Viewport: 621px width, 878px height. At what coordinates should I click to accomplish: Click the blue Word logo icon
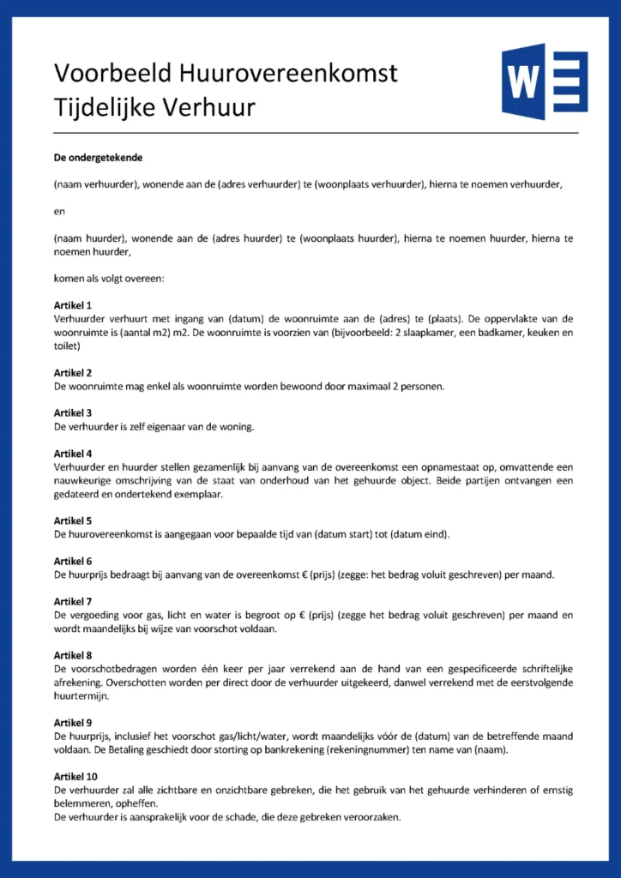[x=544, y=82]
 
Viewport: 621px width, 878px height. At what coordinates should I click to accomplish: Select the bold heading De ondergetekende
[x=98, y=158]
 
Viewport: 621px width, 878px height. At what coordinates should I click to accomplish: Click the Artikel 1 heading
[x=73, y=305]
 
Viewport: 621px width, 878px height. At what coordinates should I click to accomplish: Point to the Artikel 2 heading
[x=73, y=373]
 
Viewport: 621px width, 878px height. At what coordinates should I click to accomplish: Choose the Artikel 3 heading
[x=73, y=412]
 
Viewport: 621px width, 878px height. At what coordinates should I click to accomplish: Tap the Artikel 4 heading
[x=73, y=453]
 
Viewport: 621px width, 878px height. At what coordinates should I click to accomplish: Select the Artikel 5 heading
[x=73, y=520]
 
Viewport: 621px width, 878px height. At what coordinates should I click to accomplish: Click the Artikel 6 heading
[x=73, y=561]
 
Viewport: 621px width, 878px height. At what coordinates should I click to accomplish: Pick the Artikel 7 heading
[x=73, y=601]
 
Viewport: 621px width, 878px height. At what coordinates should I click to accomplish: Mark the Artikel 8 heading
[x=73, y=655]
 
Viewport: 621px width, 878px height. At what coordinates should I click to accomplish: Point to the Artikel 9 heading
[x=73, y=723]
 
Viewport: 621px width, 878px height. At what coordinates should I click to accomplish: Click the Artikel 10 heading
[x=75, y=776]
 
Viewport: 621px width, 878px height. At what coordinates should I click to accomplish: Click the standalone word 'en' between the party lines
[x=58, y=211]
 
